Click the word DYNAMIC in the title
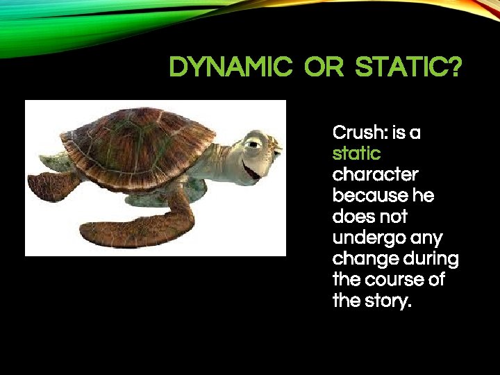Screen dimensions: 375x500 click(x=231, y=68)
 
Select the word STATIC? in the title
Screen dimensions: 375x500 click(x=408, y=68)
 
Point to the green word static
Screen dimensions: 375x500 click(x=356, y=153)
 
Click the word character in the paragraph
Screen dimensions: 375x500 click(x=375, y=174)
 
